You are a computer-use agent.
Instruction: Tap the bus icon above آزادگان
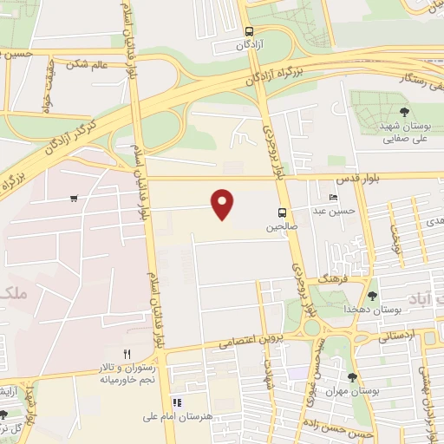[x=250, y=29]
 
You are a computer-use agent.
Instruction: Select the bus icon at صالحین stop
[x=283, y=212]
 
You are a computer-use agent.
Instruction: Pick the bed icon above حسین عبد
[x=334, y=198]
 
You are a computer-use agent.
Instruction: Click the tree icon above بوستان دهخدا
[x=372, y=296]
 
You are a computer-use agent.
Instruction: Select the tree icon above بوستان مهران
[x=352, y=377]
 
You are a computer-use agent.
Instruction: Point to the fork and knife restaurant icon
[x=127, y=353]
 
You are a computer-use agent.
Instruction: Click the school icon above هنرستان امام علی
[x=178, y=402]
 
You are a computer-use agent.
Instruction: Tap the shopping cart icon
[x=75, y=199]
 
